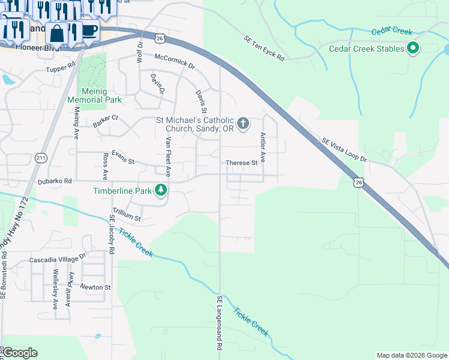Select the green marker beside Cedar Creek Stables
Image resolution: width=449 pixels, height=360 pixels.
pyautogui.click(x=413, y=48)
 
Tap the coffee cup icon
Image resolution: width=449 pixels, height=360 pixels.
pyautogui.click(x=89, y=29)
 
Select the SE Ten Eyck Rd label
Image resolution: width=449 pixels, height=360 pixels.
pyautogui.click(x=264, y=49)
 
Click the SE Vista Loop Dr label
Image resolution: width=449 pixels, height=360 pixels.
pyautogui.click(x=343, y=149)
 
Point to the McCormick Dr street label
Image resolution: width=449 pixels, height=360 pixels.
pyautogui.click(x=175, y=61)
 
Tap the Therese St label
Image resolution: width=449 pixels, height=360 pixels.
pyautogui.click(x=241, y=163)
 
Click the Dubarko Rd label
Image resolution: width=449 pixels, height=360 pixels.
pyautogui.click(x=55, y=180)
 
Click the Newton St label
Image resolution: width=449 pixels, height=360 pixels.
pyautogui.click(x=96, y=287)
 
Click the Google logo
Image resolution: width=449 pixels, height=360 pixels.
pyautogui.click(x=20, y=353)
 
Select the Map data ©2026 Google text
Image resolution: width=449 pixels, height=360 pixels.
pyautogui.click(x=411, y=355)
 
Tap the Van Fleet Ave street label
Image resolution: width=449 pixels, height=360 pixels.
pyautogui.click(x=168, y=157)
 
